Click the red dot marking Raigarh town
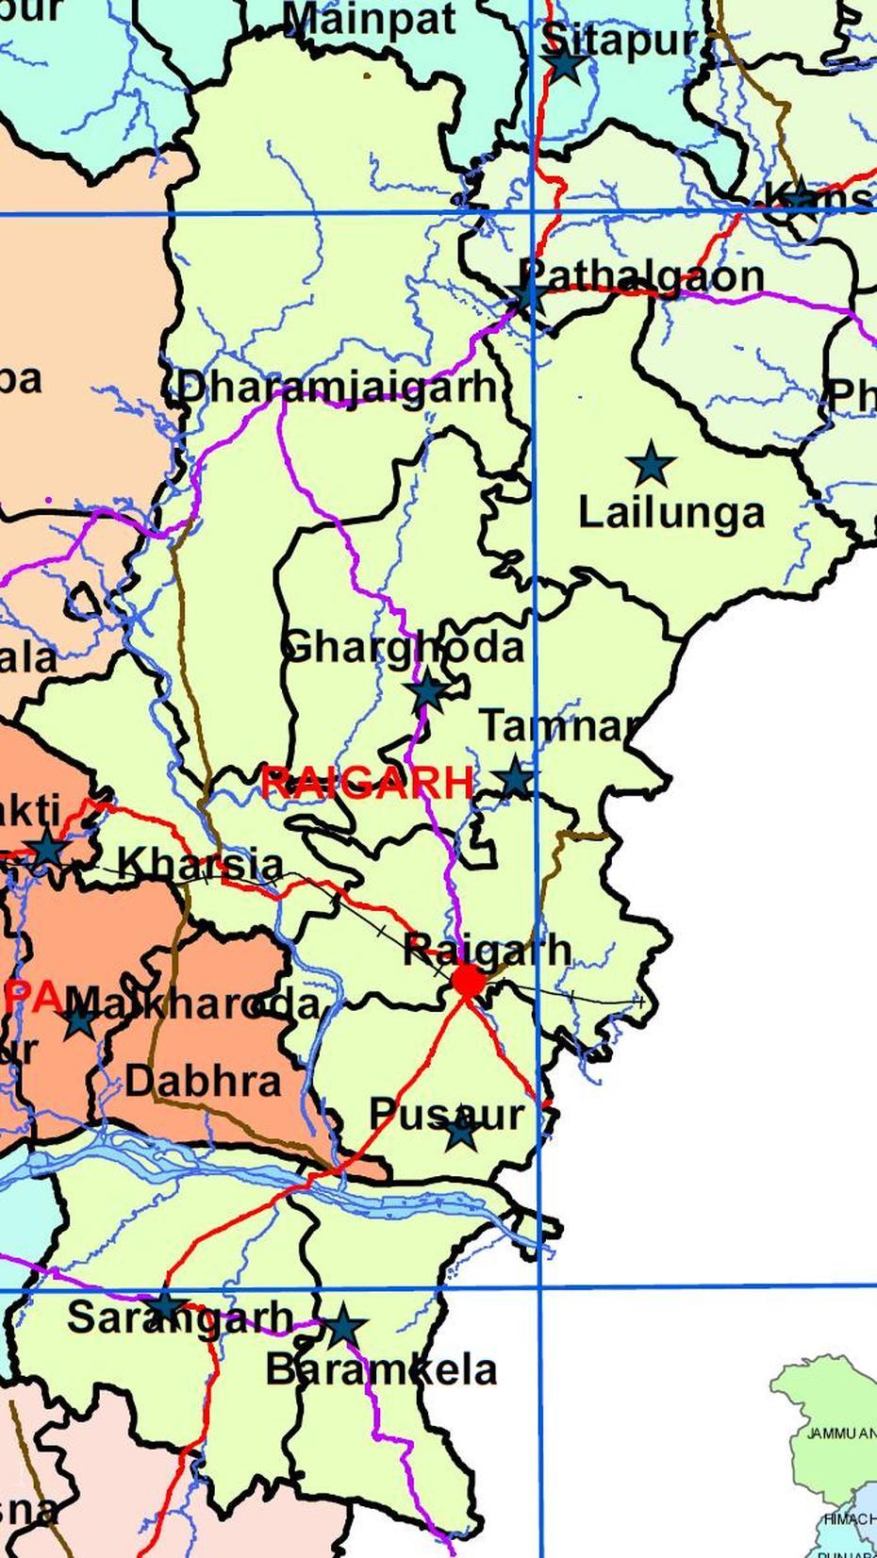468,981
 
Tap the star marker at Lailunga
651,465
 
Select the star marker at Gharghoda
427,691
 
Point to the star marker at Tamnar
515,779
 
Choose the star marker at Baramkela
343,1326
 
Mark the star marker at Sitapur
565,64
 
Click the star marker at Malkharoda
79,1020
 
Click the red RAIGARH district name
367,782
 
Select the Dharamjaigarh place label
337,388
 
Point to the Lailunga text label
670,513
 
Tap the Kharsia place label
199,864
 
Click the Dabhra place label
203,1081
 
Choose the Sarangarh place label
180,1318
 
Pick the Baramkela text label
381,1370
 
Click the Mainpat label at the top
371,20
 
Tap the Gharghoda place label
403,648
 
